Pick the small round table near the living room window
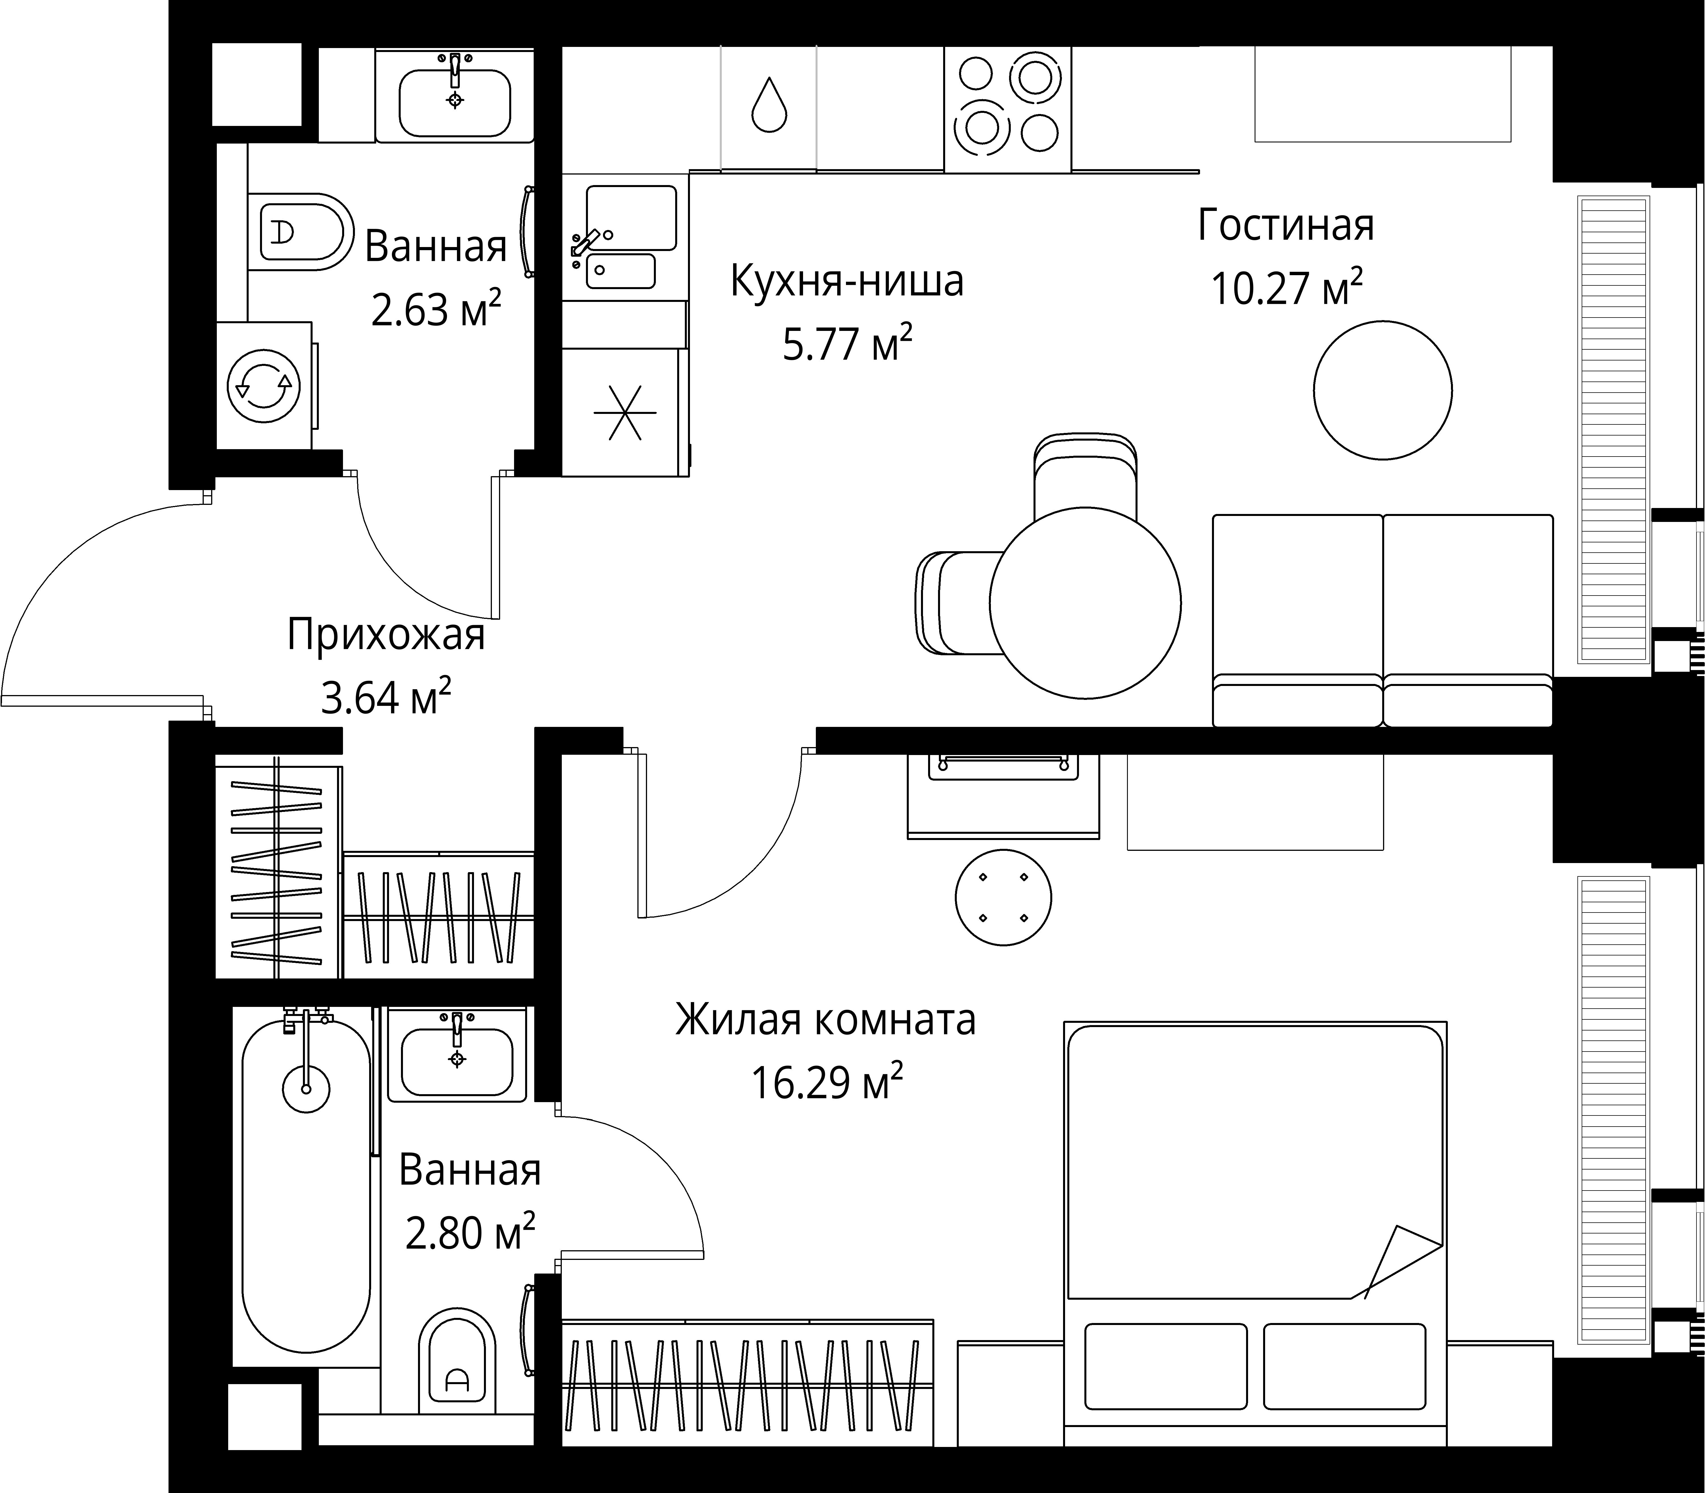point(1383,390)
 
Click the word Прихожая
point(386,634)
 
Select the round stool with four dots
point(1003,897)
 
